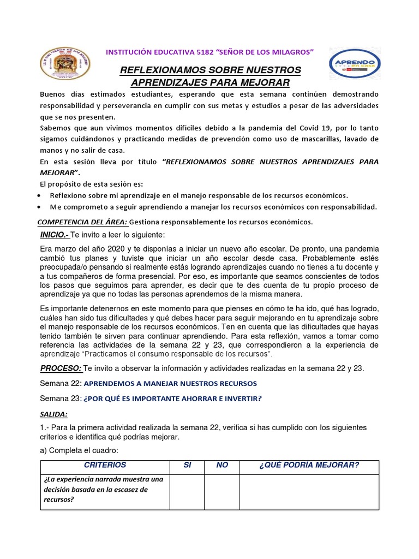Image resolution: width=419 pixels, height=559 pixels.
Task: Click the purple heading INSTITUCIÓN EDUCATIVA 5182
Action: point(210,52)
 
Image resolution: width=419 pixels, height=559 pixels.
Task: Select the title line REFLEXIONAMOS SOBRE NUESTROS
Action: point(210,70)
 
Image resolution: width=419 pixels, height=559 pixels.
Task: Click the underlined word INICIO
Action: point(53,234)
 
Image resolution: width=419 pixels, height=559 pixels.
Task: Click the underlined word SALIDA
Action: point(52,414)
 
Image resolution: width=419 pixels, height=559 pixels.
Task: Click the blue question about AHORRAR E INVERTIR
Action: point(172,399)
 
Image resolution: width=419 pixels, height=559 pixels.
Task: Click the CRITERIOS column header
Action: point(105,465)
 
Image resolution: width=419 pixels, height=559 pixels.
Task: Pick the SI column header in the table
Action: point(187,465)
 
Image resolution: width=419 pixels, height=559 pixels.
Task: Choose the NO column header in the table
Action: point(222,465)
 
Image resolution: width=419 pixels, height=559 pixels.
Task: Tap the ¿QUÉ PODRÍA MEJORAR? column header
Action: point(309,465)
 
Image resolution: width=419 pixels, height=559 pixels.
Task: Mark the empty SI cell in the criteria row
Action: point(187,491)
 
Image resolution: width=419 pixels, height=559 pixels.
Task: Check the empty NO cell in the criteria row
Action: point(222,491)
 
